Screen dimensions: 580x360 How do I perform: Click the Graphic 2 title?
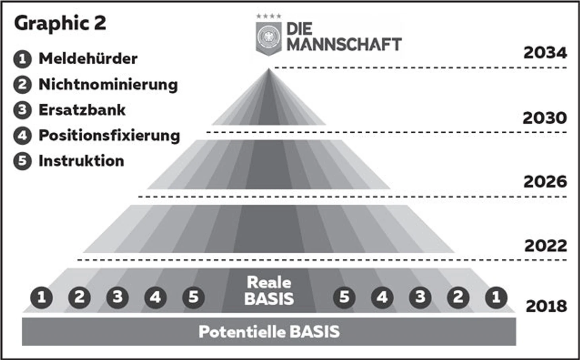pos(60,23)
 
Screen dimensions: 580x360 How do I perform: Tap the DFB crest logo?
pos(269,38)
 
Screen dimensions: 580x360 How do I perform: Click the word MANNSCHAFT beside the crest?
pos(344,44)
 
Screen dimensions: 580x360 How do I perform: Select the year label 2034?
pos(545,53)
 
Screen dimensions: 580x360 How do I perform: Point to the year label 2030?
pos(545,118)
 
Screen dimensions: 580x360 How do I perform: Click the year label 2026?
pos(545,182)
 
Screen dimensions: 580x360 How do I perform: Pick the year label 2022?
pos(545,246)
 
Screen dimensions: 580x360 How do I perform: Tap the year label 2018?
pos(546,306)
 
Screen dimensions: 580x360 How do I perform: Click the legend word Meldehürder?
pos(88,58)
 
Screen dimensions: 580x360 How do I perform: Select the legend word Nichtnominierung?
pos(108,85)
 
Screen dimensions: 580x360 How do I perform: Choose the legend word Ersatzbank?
pos(82,110)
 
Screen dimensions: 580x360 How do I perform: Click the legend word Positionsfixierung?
pos(109,135)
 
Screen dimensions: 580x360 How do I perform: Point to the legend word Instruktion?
pos(81,161)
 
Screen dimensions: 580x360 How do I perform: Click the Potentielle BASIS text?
pos(269,331)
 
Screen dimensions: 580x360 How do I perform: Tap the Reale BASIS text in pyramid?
pos(269,290)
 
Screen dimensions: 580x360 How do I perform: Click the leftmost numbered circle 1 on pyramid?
pos(41,298)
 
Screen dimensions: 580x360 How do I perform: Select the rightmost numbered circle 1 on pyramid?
pos(496,298)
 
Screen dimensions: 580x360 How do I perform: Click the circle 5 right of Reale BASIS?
pos(344,298)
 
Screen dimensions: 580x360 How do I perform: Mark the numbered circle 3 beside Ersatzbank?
pos(23,110)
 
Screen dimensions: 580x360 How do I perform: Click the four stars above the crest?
pos(269,16)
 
